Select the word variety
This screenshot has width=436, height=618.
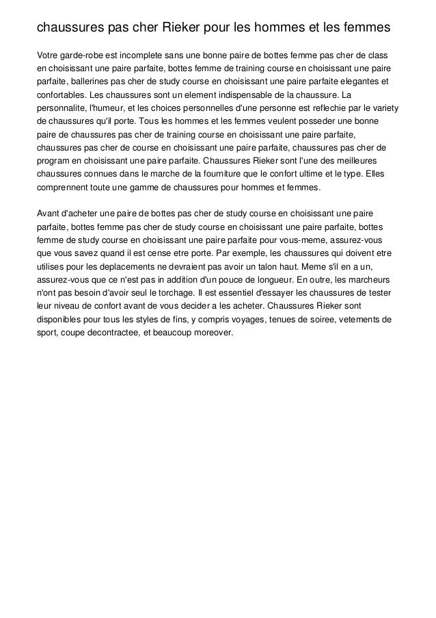point(384,107)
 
